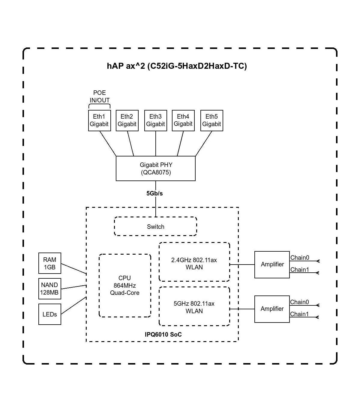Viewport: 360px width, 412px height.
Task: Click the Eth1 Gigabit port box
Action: click(99, 120)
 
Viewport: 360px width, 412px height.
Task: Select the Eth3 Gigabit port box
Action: click(155, 120)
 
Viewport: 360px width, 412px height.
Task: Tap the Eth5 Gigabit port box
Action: click(211, 120)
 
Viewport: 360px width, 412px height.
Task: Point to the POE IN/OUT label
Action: click(100, 96)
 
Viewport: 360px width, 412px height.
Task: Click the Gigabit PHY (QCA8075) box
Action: click(155, 168)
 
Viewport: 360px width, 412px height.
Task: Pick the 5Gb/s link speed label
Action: click(154, 193)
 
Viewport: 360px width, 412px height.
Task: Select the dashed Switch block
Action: click(155, 226)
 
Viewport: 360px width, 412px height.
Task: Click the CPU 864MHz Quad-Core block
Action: click(125, 285)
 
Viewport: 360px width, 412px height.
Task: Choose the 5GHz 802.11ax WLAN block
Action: click(194, 307)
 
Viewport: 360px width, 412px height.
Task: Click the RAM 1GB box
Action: click(50, 263)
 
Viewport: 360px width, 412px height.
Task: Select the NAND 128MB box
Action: click(50, 289)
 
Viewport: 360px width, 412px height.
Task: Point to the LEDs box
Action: click(50, 314)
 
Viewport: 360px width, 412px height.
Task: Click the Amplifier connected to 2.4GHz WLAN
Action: click(272, 265)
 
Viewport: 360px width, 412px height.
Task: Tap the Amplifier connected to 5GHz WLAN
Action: click(272, 309)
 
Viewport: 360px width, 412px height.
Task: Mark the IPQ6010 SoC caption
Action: click(163, 335)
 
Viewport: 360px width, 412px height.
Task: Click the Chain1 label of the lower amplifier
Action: click(299, 314)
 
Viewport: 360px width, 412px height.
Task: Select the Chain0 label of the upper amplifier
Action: click(299, 258)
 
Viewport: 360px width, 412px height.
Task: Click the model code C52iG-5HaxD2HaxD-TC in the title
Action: click(197, 66)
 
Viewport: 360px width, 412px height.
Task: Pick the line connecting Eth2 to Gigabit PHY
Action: click(130, 144)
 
